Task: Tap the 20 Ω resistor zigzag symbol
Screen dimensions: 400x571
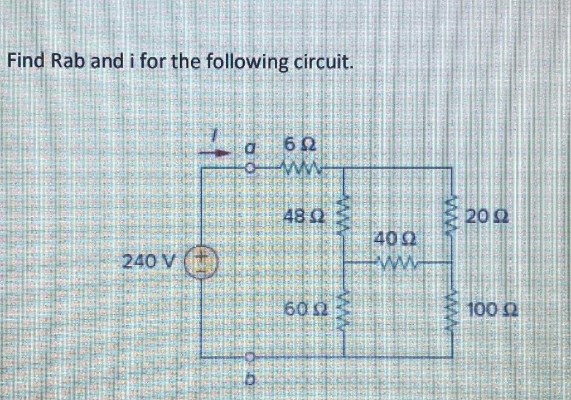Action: pyautogui.click(x=451, y=214)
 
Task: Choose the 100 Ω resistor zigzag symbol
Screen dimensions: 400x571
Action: pyautogui.click(x=451, y=308)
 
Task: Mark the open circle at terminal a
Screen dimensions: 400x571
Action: pyautogui.click(x=252, y=167)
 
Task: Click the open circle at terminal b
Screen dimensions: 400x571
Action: pyautogui.click(x=252, y=355)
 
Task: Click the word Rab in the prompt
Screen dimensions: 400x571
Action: pyautogui.click(x=66, y=60)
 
